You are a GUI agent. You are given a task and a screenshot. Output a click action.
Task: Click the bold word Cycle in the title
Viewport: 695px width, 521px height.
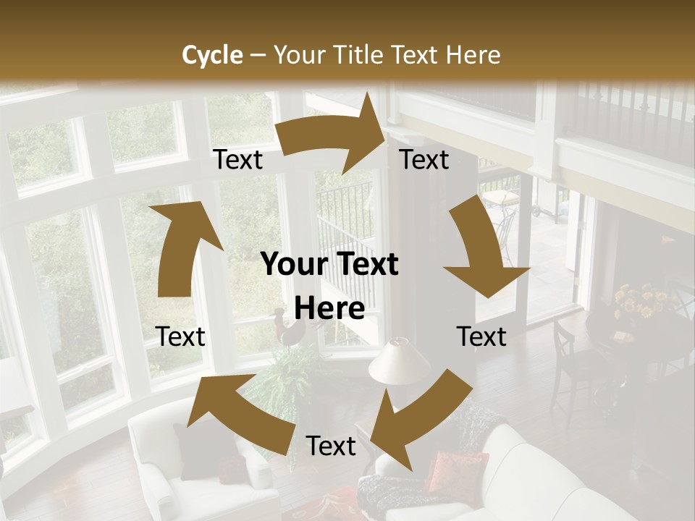212,55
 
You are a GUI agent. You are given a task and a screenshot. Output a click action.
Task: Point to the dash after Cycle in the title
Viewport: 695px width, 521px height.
258,55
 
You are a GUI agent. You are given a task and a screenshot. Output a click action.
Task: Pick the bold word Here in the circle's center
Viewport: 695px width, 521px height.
329,309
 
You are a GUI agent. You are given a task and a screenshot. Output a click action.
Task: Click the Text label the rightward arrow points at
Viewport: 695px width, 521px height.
424,160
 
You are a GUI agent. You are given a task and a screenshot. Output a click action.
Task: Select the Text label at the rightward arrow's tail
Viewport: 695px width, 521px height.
237,160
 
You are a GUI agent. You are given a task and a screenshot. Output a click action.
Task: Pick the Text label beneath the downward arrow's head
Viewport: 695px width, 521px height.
481,336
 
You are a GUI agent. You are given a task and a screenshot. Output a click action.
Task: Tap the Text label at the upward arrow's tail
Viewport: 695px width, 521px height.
180,336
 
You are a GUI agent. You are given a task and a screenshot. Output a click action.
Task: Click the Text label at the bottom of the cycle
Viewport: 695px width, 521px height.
331,446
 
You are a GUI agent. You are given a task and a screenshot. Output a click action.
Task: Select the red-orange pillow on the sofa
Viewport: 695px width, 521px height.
457,470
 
